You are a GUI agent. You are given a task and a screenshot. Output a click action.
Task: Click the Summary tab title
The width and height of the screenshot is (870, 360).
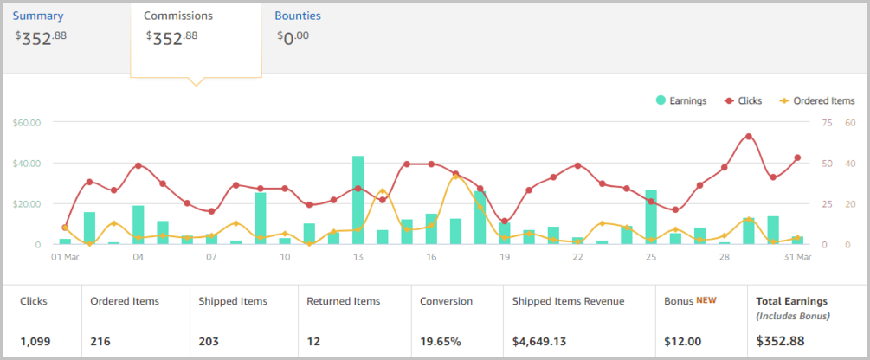38,16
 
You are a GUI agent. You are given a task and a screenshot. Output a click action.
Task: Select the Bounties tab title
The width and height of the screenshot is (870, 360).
298,16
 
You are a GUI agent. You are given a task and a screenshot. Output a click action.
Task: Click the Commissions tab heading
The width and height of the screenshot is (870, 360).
178,16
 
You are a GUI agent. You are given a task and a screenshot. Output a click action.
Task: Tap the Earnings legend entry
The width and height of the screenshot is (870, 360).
681,100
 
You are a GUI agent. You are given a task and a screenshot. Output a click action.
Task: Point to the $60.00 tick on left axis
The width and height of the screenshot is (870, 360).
27,122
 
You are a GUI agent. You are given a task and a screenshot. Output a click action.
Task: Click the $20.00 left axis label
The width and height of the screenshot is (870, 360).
27,204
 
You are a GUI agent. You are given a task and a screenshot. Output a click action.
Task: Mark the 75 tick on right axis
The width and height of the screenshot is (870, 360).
828,122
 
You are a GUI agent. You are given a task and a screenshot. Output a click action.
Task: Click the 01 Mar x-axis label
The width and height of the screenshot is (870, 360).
65,257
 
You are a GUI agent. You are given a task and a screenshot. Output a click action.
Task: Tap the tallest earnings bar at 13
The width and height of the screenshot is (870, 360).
358,200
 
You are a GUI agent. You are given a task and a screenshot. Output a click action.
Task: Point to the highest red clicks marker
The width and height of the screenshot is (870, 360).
749,137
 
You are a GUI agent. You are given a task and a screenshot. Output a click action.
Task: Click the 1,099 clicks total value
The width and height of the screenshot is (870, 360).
35,341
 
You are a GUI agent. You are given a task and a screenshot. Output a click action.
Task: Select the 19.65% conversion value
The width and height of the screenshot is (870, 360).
441,341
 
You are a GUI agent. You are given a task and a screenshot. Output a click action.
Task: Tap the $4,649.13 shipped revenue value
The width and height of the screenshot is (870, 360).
545,341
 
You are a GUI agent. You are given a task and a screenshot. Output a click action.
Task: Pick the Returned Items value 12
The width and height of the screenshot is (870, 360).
314,341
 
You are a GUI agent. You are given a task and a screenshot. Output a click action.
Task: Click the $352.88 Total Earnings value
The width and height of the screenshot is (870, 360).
781,341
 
